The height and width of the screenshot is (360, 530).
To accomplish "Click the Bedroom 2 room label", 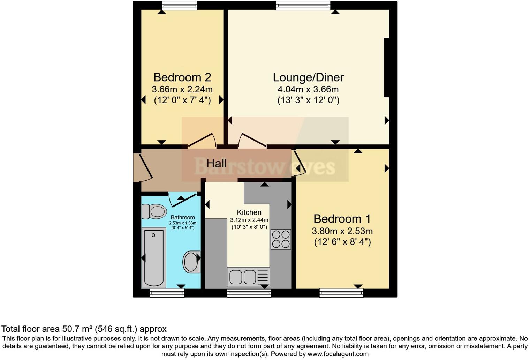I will click(182, 77).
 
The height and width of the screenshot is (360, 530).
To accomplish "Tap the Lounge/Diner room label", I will click(308, 77).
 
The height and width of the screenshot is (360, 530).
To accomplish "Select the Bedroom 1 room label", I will click(342, 219).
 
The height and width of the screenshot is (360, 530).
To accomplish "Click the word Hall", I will click(216, 163).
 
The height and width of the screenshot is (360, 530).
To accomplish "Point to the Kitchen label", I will click(249, 212).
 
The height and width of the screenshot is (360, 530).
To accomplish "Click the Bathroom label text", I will click(183, 217).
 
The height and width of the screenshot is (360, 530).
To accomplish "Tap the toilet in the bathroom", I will click(154, 211).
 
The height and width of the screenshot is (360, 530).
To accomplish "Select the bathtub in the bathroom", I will click(153, 257).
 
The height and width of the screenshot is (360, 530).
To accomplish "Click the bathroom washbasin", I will click(191, 262).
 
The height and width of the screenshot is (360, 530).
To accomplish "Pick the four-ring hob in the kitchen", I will click(281, 239).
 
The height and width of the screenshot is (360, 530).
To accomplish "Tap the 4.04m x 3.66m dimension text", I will click(308, 89).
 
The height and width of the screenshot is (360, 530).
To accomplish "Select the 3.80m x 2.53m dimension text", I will click(342, 231).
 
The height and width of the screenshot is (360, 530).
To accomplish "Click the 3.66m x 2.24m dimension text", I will click(182, 89).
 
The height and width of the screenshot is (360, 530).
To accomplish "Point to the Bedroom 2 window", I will click(180, 5).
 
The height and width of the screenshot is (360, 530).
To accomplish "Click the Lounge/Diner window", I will click(303, 5).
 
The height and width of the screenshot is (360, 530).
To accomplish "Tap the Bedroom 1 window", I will click(341, 293).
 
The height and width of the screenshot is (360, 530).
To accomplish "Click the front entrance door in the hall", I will click(142, 167).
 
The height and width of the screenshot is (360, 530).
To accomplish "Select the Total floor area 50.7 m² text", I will click(84, 329).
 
